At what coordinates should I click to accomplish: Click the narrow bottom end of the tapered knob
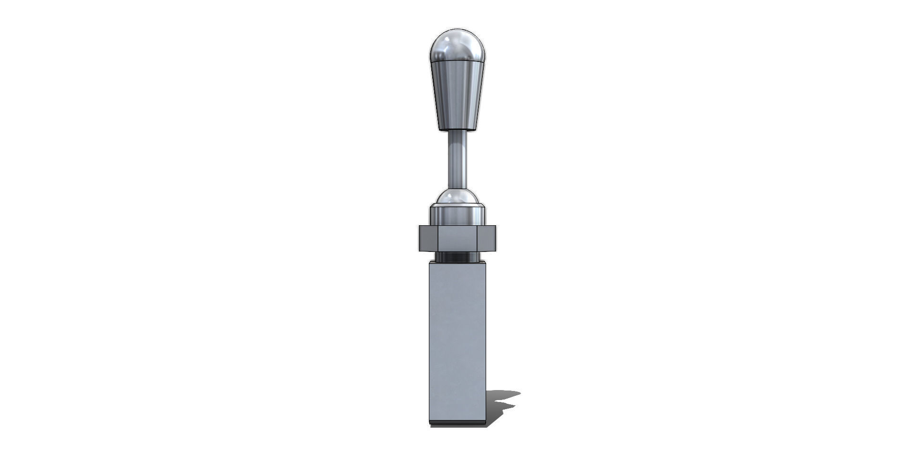tap(457, 128)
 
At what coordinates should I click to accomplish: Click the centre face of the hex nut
tap(457, 238)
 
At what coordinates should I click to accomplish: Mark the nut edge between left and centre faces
tap(437, 238)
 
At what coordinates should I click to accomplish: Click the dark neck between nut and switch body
tap(457, 257)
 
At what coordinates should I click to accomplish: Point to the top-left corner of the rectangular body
tap(430, 263)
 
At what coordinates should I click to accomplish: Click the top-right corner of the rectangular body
tap(485, 263)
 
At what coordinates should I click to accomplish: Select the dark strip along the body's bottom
tap(457, 422)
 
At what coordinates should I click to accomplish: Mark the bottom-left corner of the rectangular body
tap(430, 423)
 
